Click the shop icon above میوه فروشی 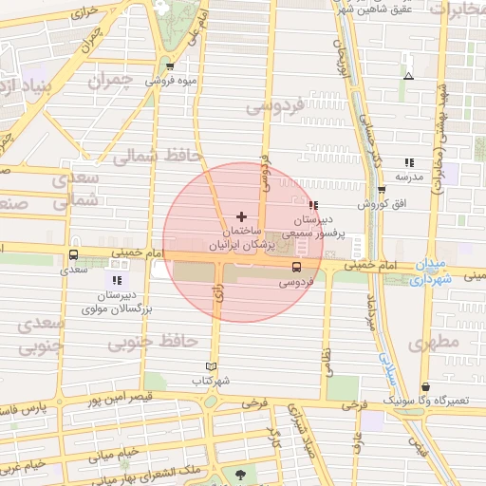[x=170, y=66]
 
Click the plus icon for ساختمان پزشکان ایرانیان [x=241, y=217]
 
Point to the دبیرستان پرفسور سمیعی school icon [x=313, y=205]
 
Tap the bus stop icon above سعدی [x=74, y=254]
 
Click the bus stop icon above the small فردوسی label [x=295, y=267]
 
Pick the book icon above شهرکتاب [x=211, y=366]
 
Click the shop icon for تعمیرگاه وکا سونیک [x=426, y=387]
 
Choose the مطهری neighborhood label [x=433, y=340]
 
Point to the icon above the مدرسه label [x=409, y=162]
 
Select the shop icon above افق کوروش [x=382, y=188]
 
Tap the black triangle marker [x=409, y=76]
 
